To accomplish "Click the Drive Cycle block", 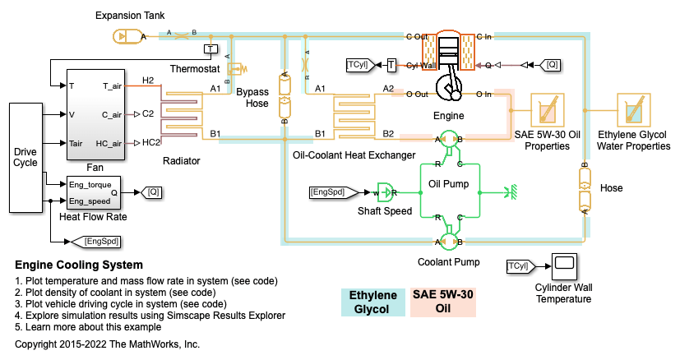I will (26, 156).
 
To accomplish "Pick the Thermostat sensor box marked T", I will (210, 49).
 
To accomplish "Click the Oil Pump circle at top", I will (449, 139).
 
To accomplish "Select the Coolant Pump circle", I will (449, 242).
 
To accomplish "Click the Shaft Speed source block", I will (384, 192).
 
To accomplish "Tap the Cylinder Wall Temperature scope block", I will (563, 265).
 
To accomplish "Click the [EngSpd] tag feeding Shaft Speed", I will (333, 192).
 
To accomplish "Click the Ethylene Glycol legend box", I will (374, 302).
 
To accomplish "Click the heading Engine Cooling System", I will (79, 265).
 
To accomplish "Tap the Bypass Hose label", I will (252, 98).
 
